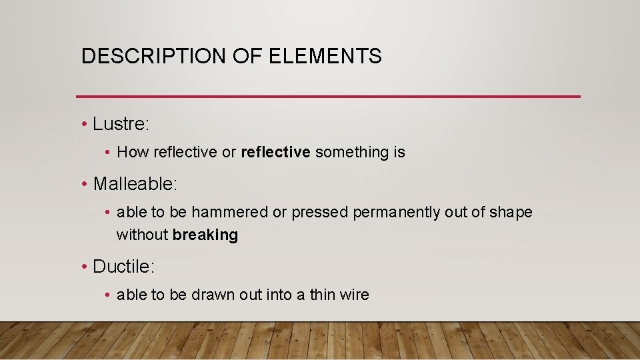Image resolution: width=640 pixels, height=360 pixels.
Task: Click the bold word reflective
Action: point(275,152)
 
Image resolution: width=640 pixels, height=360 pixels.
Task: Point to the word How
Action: point(133,152)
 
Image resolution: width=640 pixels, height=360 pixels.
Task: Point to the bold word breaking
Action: point(205,235)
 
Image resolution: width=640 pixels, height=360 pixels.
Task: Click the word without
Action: point(142,235)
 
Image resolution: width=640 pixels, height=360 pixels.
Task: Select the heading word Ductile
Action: point(123,267)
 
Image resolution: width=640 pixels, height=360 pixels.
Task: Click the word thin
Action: point(324,295)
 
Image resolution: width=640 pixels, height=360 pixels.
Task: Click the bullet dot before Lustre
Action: point(84,125)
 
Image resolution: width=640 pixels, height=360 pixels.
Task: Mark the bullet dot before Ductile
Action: point(84,267)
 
